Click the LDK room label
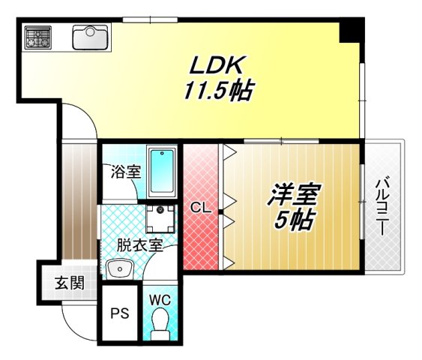coord(218,65)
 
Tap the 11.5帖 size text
coord(218,91)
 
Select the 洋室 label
coord(294,195)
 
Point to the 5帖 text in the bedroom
coord(294,220)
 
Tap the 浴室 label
coord(125,171)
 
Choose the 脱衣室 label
coord(139,244)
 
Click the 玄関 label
coord(68,283)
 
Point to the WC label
coord(160,300)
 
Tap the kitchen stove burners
coord(37,36)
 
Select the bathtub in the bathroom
coord(161,170)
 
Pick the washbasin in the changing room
coord(118,268)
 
